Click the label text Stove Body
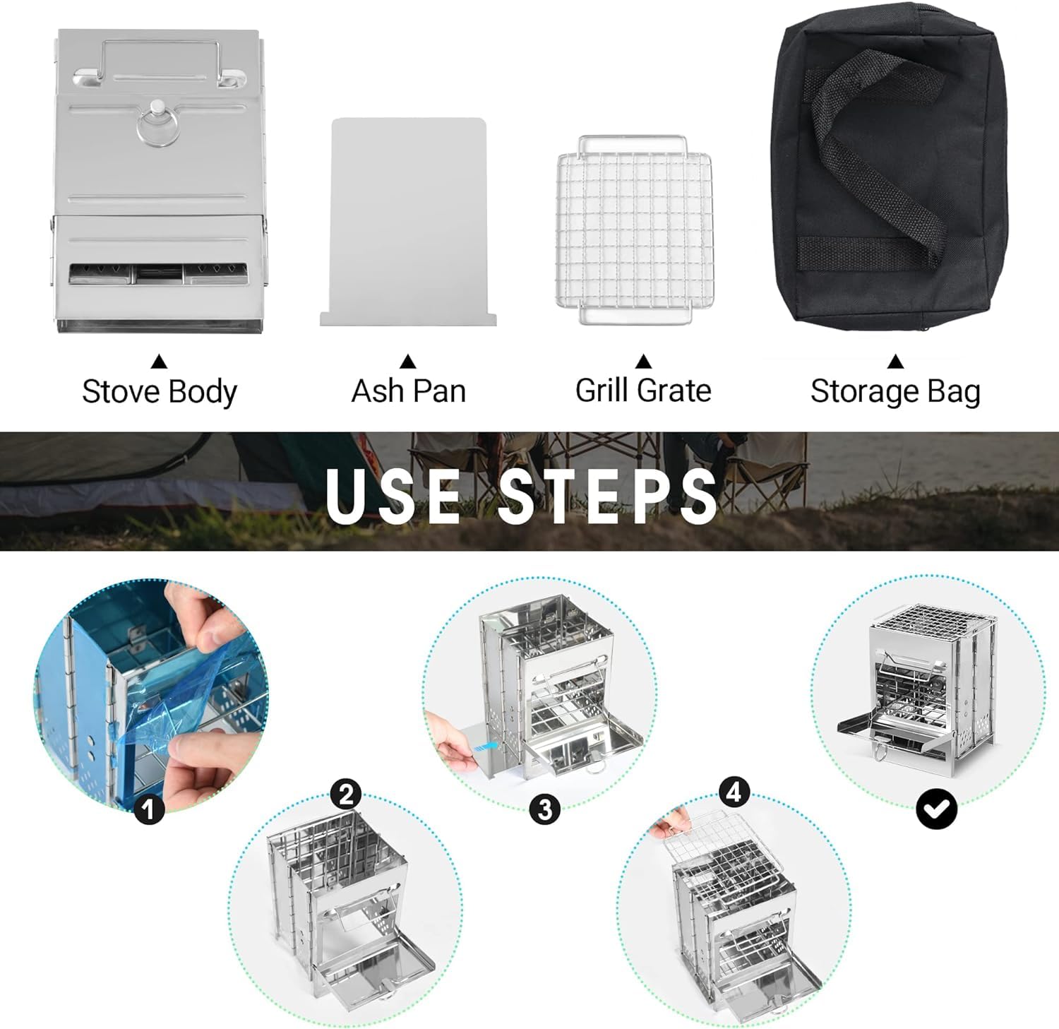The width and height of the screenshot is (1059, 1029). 160,392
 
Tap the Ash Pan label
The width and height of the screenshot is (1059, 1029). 409,391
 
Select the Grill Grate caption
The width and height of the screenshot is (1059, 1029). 643,391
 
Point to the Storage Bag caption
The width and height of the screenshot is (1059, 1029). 895,391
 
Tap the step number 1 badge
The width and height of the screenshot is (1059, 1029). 149,808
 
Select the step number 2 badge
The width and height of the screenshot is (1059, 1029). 346,795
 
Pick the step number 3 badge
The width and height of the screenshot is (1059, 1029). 545,808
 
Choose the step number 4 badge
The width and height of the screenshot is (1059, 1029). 734,792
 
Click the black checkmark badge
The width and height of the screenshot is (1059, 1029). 936,808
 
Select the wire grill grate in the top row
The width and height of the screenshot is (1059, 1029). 634,230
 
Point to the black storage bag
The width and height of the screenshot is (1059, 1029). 893,169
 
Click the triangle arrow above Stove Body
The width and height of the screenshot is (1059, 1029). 160,362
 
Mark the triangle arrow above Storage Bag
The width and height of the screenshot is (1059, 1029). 895,362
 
